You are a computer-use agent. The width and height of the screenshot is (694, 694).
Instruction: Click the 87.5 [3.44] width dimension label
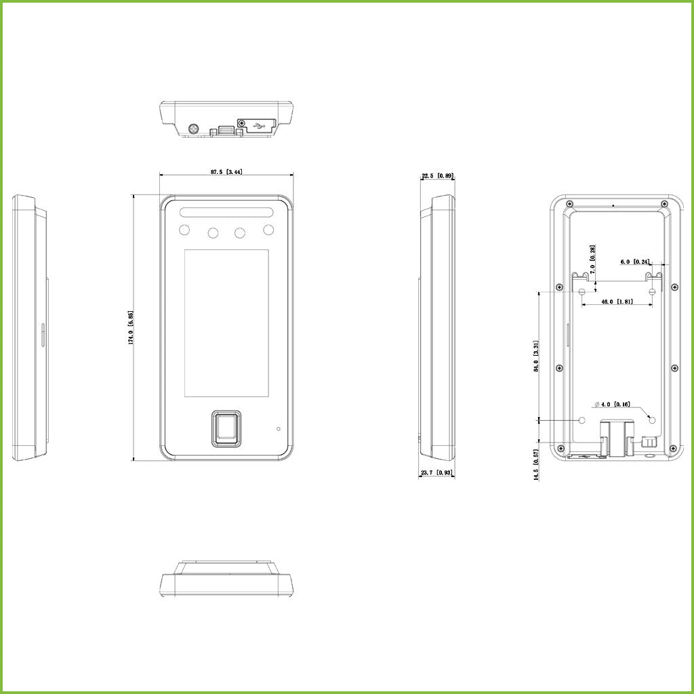[226, 172]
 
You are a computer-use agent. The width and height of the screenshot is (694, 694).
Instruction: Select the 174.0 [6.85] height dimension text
[131, 328]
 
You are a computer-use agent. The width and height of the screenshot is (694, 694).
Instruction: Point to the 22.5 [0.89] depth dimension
[437, 176]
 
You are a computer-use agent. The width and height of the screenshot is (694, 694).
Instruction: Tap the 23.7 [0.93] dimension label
[437, 472]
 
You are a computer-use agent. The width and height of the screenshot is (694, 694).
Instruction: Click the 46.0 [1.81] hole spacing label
[617, 302]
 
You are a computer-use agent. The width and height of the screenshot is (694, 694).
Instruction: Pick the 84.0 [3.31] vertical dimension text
[536, 356]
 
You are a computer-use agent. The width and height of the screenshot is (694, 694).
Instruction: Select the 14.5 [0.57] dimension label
[536, 465]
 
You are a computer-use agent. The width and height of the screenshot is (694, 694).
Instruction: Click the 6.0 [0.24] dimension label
[635, 261]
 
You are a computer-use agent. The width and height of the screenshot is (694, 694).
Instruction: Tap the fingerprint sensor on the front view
[227, 428]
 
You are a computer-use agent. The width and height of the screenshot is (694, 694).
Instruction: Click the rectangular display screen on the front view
[226, 323]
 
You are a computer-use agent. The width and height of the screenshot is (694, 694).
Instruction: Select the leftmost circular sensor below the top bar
[184, 230]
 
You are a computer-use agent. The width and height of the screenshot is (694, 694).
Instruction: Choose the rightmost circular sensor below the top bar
[269, 230]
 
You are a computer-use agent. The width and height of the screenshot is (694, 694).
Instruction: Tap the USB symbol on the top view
[259, 125]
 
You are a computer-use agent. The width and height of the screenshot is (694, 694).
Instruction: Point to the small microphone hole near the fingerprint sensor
[278, 429]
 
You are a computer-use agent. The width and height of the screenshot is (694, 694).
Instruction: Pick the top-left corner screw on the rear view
[570, 204]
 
